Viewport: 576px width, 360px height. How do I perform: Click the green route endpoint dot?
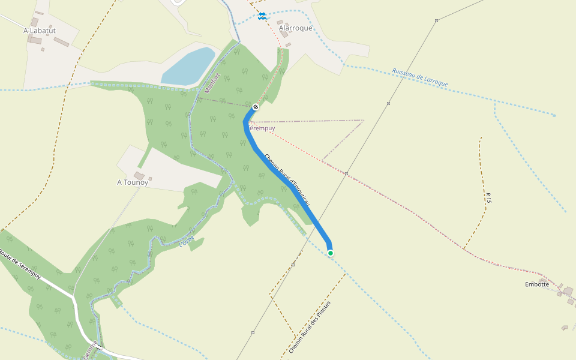click(x=331, y=253)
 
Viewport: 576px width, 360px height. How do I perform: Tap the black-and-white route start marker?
click(x=256, y=107)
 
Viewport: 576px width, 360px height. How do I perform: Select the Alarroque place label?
click(x=295, y=28)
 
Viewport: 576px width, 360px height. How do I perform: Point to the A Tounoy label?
click(x=133, y=182)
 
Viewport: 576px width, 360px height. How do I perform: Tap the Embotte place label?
click(x=537, y=284)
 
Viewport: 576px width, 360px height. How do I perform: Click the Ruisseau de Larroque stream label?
click(x=420, y=77)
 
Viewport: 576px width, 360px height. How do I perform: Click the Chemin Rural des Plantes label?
click(x=310, y=327)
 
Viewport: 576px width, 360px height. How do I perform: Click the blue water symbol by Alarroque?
click(x=262, y=16)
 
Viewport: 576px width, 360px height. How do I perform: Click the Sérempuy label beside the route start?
click(x=262, y=128)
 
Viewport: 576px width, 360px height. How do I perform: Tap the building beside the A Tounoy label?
click(x=150, y=178)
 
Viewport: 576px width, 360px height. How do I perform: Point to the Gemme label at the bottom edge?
click(x=90, y=349)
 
